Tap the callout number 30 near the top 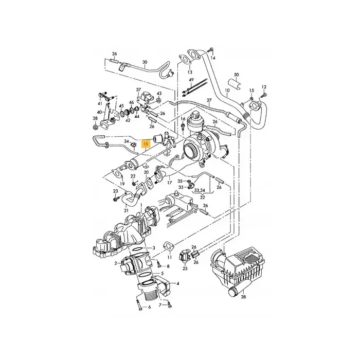click(x=145, y=63)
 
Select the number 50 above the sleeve click(x=236, y=75)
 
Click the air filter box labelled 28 click(x=239, y=265)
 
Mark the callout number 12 click(x=264, y=86)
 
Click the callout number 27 click(x=209, y=100)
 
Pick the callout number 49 click(x=190, y=81)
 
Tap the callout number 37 click(x=138, y=89)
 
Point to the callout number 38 click(x=95, y=119)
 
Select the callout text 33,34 click(x=197, y=190)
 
